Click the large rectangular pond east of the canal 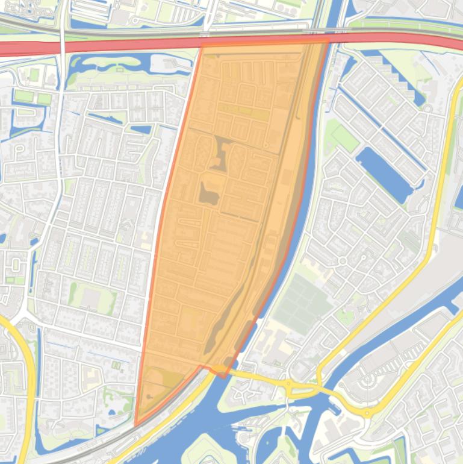coord(384,174)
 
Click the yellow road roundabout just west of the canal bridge coord(288,383)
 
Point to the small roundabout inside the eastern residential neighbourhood coord(343,260)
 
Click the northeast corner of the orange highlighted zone coord(328,42)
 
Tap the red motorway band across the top coord(90,48)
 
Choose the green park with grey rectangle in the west coord(92,298)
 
